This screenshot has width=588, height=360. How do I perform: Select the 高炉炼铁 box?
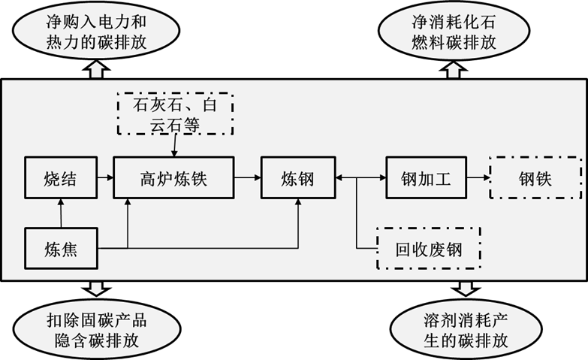tap(173, 178)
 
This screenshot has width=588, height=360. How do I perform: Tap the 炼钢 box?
tap(297, 178)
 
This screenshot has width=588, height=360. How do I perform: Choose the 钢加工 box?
tap(426, 178)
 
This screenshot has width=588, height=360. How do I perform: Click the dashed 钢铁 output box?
tap(535, 178)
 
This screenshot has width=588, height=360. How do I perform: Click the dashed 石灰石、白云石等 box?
tap(174, 113)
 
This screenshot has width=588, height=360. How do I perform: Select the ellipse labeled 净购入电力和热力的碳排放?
tap(96, 32)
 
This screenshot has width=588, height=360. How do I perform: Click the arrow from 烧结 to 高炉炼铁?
tap(106, 178)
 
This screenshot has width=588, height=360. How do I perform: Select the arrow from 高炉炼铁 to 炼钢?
tap(247, 178)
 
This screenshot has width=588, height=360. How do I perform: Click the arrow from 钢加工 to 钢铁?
tap(477, 178)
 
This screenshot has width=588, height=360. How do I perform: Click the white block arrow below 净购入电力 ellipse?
tap(96, 71)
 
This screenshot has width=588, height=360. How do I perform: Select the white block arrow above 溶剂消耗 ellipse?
tap(466, 288)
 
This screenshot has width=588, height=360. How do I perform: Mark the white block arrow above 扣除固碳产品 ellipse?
tap(97, 288)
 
